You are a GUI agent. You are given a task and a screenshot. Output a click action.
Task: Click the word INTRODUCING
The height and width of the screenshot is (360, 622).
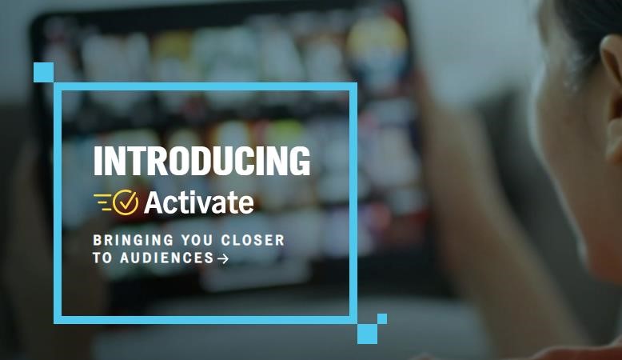pos(201,161)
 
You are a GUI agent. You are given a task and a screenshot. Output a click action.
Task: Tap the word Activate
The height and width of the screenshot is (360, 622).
pos(199,202)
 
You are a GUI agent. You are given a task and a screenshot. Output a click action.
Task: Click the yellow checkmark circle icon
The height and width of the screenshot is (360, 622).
pos(126,202)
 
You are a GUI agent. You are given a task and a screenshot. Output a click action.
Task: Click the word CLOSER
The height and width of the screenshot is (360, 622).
pos(253,240)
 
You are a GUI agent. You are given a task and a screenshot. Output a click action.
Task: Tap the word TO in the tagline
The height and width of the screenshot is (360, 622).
pos(102,258)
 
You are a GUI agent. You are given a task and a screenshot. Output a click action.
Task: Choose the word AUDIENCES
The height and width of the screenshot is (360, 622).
pos(167,258)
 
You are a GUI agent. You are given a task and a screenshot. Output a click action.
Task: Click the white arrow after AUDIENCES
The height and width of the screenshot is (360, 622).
pos(223,258)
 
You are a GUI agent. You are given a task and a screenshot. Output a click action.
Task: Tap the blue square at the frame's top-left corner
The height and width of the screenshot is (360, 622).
pos(44,72)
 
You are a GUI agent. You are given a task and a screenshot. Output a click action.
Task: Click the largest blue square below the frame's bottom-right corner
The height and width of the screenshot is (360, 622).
pos(367,334)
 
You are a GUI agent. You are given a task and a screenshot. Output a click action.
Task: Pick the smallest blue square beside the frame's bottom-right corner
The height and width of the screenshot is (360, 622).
pos(382,318)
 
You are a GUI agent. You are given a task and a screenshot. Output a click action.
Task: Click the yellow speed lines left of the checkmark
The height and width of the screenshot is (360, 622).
pos(104,202)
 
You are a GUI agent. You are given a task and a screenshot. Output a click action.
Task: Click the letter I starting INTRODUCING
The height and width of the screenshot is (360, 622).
pos(98,161)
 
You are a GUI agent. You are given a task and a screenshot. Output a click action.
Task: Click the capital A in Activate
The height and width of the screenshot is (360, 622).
pos(154,203)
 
